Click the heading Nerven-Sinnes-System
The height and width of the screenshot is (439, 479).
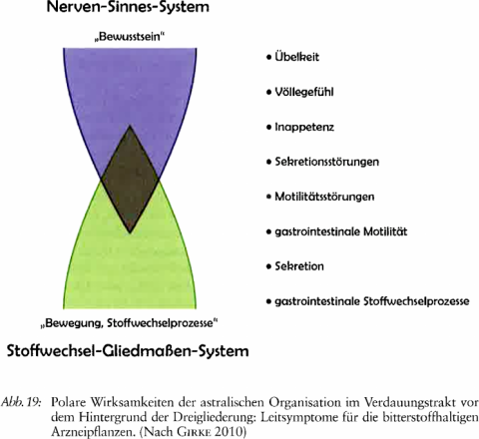tap(128, 7)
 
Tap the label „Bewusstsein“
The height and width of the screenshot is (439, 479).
tap(130, 37)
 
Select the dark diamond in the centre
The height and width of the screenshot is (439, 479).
tap(130, 180)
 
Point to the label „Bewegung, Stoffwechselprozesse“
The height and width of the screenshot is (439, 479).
tap(129, 323)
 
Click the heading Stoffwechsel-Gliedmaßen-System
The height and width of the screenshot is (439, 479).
tap(128, 351)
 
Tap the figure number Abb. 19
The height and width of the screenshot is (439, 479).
tap(21, 402)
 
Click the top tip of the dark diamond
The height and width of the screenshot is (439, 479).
tap(130, 126)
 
